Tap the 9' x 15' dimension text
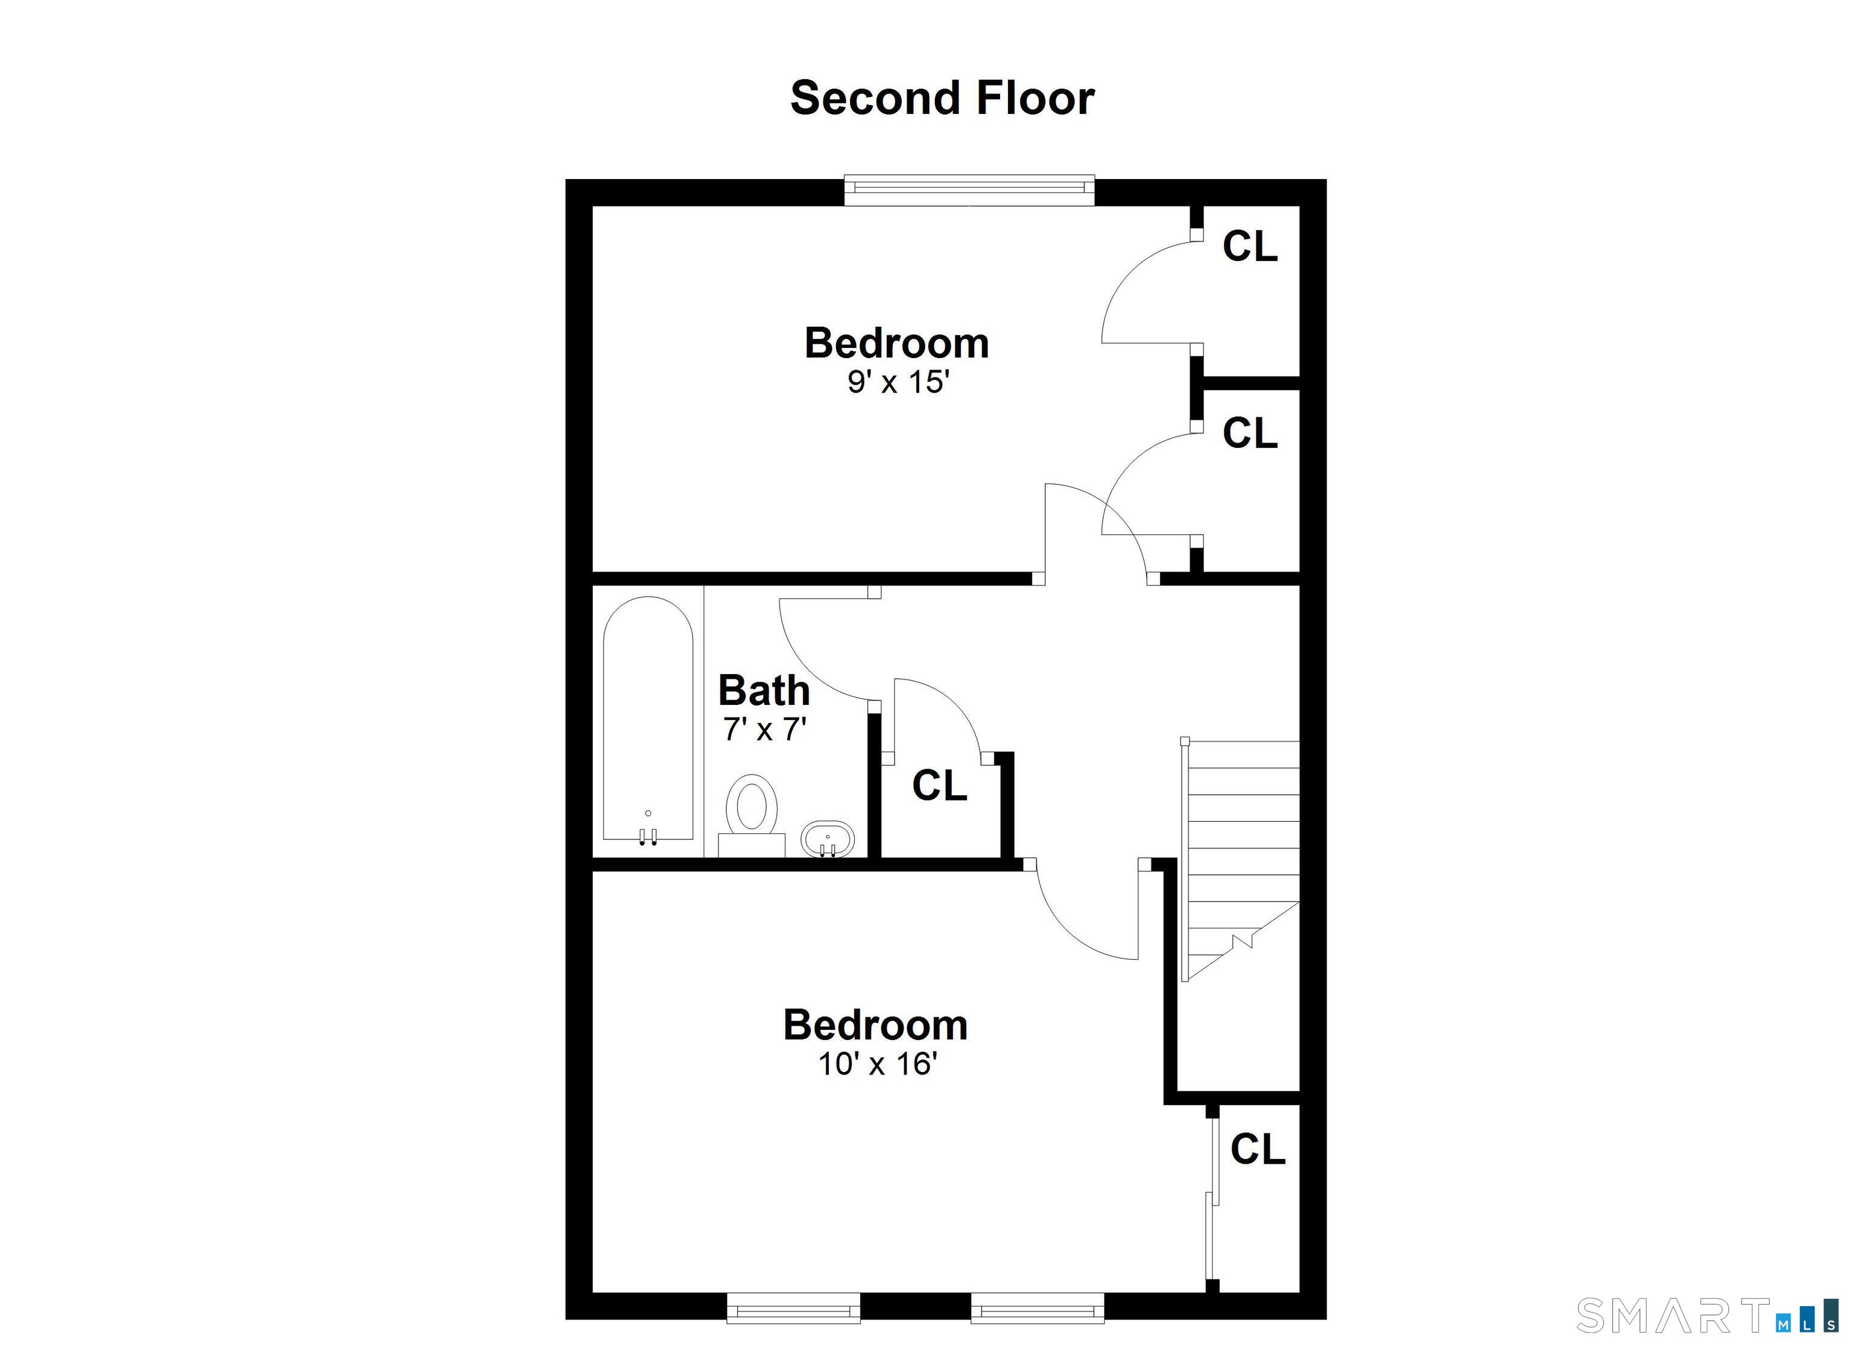pos(897,382)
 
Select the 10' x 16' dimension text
pos(876,1064)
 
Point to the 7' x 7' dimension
pos(765,728)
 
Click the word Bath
pos(764,691)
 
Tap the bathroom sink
pos(828,838)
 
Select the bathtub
pos(648,719)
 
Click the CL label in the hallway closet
pos(940,786)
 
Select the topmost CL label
pos(1249,246)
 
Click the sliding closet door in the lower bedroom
pos(1212,1200)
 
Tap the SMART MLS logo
pos(1708,1315)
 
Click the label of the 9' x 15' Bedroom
pos(896,343)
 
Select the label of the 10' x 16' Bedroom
pos(876,1025)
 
